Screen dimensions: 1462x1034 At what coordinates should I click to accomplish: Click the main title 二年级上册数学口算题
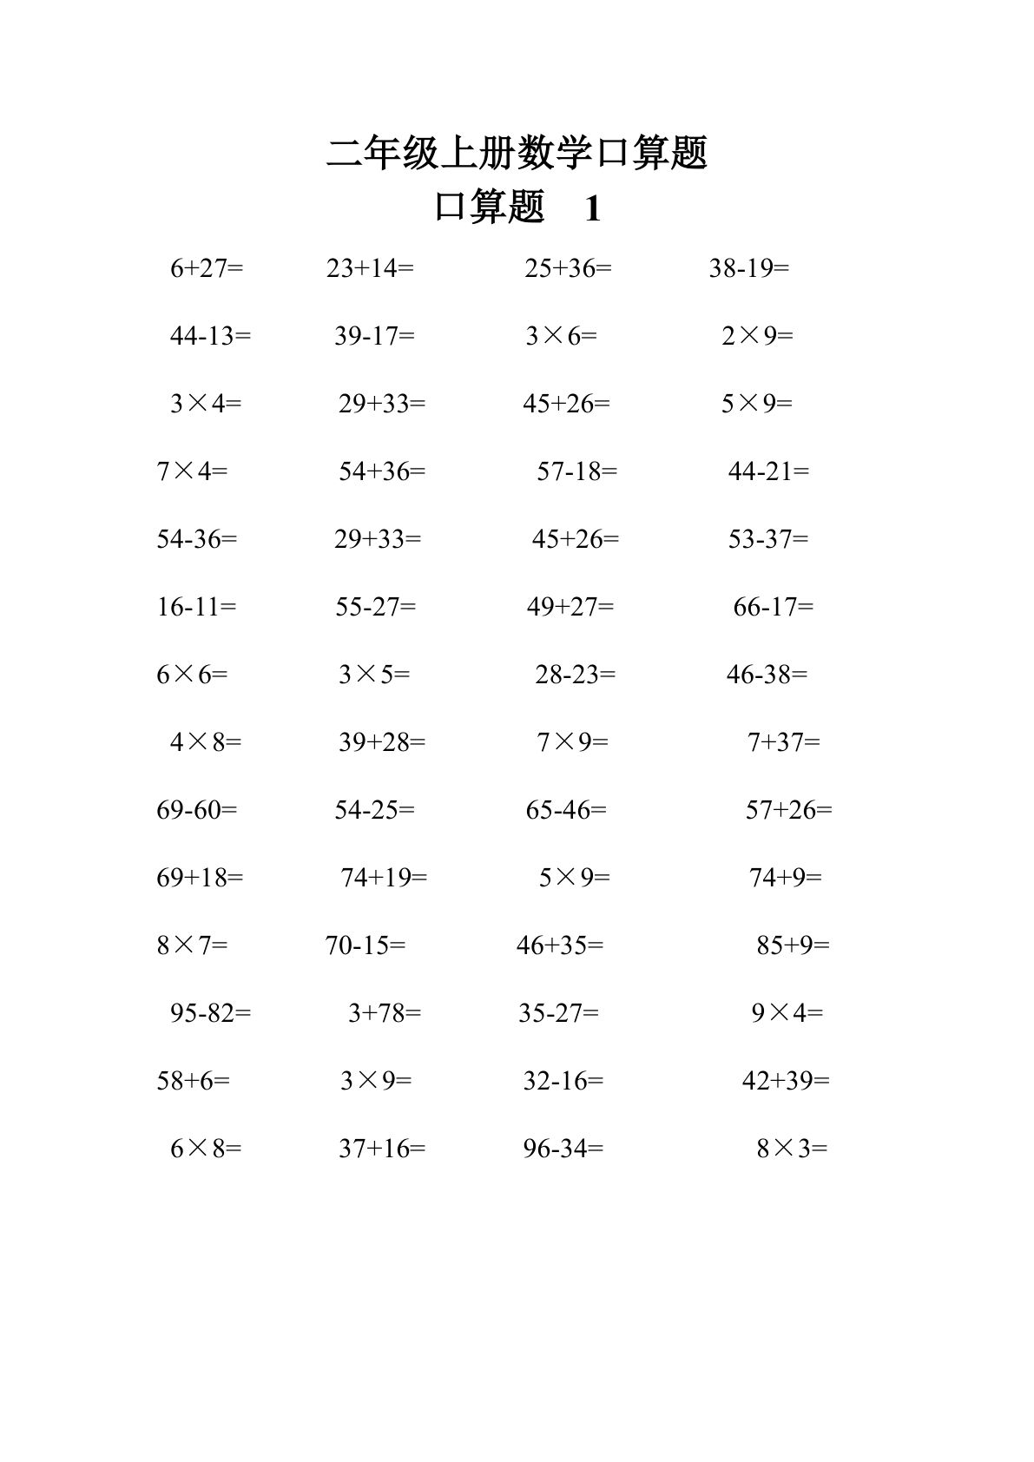[517, 153]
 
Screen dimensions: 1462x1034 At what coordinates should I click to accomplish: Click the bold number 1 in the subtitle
[593, 209]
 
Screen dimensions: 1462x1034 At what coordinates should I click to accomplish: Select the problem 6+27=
[207, 268]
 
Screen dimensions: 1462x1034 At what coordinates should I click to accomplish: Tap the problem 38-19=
[749, 268]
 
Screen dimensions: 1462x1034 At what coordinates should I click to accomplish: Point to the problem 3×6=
[561, 336]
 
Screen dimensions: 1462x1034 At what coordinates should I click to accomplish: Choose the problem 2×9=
[757, 336]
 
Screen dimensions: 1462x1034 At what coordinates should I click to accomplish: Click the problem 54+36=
[382, 471]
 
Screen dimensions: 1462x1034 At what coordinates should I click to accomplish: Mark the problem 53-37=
[768, 539]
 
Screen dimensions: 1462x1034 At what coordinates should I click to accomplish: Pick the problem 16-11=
[196, 607]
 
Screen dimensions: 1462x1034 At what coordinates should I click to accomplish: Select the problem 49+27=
[570, 607]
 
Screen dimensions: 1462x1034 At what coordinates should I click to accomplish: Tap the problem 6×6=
[192, 675]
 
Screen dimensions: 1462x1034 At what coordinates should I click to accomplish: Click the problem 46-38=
[767, 675]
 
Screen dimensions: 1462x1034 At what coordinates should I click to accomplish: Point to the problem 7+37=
[783, 742]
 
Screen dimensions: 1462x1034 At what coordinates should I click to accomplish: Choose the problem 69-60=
[196, 810]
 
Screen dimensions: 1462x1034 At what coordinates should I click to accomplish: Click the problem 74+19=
[384, 878]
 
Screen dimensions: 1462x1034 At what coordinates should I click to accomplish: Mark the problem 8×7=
[192, 945]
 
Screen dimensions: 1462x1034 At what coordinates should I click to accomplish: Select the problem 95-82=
[210, 1013]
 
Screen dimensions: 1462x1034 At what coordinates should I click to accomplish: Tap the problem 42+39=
[786, 1081]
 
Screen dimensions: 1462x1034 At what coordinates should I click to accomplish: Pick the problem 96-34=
[563, 1149]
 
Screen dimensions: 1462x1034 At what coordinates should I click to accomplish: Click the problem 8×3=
[792, 1149]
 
